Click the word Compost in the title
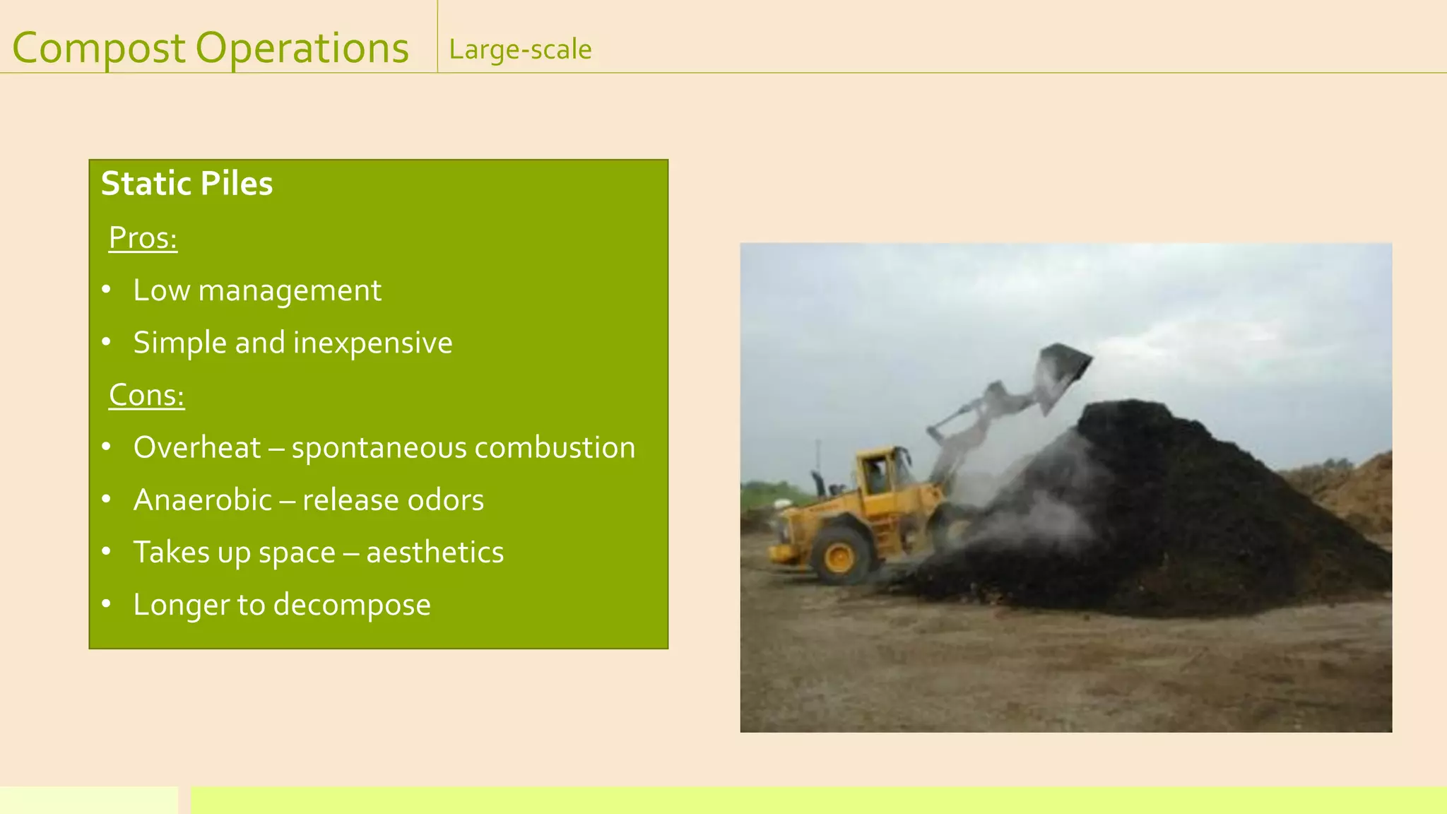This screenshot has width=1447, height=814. pyautogui.click(x=99, y=49)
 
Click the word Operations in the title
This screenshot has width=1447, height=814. pyautogui.click(x=302, y=49)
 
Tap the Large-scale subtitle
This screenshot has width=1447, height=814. pyautogui.click(x=520, y=50)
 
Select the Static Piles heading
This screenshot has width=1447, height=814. pyautogui.click(x=187, y=184)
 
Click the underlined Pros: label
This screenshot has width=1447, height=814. pyautogui.click(x=143, y=238)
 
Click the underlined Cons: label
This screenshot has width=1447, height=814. pyautogui.click(x=146, y=395)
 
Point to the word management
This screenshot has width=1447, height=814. pyautogui.click(x=290, y=290)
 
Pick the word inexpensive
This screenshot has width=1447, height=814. pyautogui.click(x=372, y=343)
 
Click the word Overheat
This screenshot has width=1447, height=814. pyautogui.click(x=197, y=447)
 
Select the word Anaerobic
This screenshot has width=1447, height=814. pyautogui.click(x=203, y=500)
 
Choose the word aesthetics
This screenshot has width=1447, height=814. pyautogui.click(x=435, y=552)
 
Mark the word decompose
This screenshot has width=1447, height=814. pyautogui.click(x=351, y=605)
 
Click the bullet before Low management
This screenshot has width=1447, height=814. pyautogui.click(x=107, y=290)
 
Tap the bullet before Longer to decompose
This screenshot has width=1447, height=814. pyautogui.click(x=107, y=604)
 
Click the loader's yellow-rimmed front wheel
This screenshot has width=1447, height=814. pyautogui.click(x=840, y=555)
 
